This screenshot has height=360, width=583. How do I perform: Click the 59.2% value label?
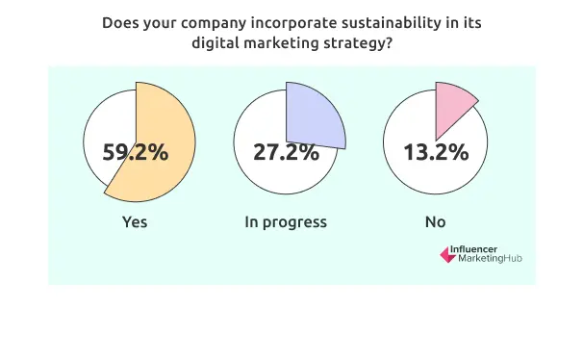[136, 152]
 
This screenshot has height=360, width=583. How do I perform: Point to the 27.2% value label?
[286, 152]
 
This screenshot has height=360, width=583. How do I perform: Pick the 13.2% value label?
[436, 152]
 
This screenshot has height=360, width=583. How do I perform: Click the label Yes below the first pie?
[135, 222]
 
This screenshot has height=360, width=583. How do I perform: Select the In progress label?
[286, 222]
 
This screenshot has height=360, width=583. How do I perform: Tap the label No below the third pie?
[436, 222]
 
